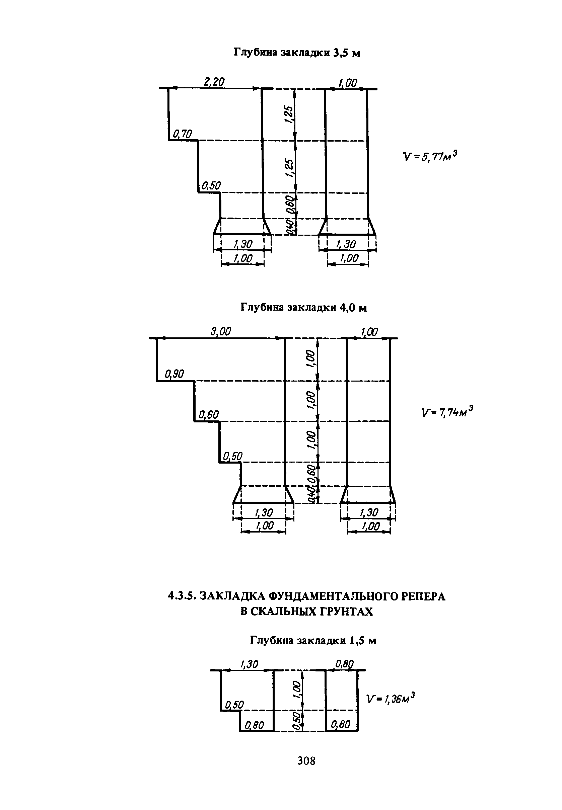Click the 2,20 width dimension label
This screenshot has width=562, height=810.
(x=214, y=82)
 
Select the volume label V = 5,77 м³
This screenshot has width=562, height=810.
(x=430, y=156)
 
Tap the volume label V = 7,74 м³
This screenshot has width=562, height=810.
(x=447, y=411)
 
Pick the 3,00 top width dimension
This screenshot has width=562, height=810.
(x=220, y=331)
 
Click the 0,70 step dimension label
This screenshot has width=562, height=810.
(x=183, y=134)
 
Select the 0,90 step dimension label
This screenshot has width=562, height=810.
(x=174, y=374)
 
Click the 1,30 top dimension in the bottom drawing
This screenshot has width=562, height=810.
(x=249, y=664)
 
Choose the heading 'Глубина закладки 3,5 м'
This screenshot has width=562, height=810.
(x=297, y=53)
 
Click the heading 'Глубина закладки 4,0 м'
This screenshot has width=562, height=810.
(x=303, y=308)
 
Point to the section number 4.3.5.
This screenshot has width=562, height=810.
(x=182, y=596)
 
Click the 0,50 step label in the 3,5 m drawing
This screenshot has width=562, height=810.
(x=211, y=185)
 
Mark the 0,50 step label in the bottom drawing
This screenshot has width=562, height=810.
(x=234, y=705)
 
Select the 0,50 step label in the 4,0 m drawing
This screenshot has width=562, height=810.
(x=233, y=456)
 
